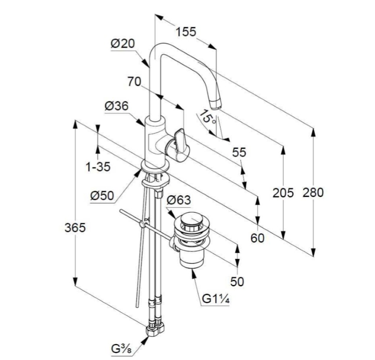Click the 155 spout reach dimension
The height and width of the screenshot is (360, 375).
point(186,32)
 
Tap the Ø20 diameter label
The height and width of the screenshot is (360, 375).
point(123,44)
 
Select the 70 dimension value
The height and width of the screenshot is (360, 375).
point(134,81)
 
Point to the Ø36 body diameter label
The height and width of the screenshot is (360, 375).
point(117,106)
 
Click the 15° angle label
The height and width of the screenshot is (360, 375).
point(207,117)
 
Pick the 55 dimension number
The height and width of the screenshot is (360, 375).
point(239,152)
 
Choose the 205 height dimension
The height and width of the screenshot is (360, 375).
point(283,192)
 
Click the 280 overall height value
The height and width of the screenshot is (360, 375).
point(313,192)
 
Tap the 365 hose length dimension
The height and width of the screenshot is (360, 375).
point(75,227)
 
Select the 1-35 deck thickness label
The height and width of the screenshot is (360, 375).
point(98,166)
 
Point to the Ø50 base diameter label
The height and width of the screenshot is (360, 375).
point(102,196)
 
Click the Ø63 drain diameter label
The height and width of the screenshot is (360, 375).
point(179,200)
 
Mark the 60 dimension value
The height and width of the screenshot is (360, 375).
point(258,238)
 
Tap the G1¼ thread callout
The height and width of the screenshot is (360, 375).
point(216,299)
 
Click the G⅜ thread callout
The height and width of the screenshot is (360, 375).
point(121,349)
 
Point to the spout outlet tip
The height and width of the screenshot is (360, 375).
point(215,105)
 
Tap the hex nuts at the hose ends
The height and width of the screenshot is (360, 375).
point(155,330)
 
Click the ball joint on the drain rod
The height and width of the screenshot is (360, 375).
point(142,224)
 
